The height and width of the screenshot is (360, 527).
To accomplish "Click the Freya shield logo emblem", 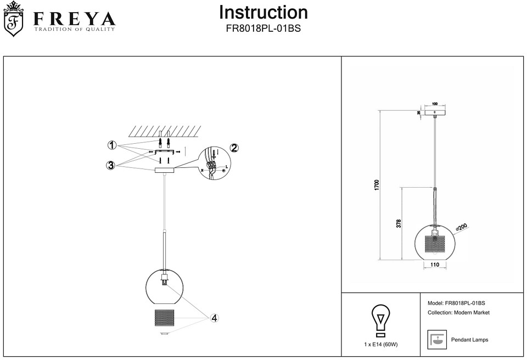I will click(x=15, y=20).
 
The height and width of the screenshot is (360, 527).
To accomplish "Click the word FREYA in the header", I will click(x=75, y=19).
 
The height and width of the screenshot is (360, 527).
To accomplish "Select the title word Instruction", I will click(x=263, y=12).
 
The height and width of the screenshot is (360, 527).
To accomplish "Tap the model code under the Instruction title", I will click(x=263, y=29).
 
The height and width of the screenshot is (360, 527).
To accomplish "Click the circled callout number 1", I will click(x=111, y=145).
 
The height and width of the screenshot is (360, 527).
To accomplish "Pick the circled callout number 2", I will click(x=234, y=148).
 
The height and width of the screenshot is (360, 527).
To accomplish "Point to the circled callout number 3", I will click(x=111, y=165).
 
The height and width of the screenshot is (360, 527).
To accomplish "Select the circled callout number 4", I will click(x=215, y=318).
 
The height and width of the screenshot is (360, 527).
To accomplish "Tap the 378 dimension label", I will click(x=399, y=223).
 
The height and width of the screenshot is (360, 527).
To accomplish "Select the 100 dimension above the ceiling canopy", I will click(x=434, y=104).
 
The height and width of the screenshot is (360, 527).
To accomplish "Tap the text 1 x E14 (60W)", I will click(x=380, y=345).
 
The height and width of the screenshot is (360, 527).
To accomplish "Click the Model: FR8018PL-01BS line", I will click(x=456, y=303).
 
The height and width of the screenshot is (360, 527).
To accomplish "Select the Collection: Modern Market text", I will click(x=458, y=313).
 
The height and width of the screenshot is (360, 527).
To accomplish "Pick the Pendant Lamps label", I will click(x=469, y=340).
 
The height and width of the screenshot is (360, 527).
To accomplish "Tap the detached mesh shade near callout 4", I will click(x=165, y=318).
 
